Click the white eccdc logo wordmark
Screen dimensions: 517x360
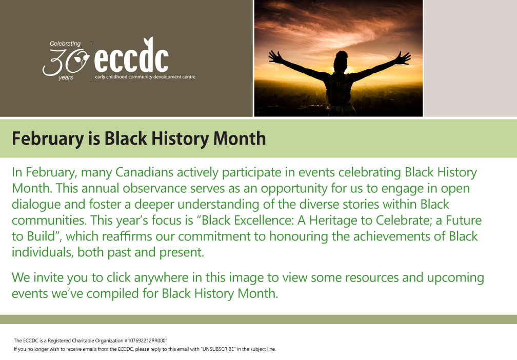(131, 56)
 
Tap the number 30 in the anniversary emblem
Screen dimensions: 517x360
(66, 63)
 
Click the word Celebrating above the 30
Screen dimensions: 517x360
(65, 44)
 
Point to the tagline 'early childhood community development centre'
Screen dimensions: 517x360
(145, 77)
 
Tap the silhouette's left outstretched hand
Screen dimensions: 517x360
(275, 57)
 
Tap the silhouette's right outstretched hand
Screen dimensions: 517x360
(403, 58)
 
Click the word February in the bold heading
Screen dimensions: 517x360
(48, 139)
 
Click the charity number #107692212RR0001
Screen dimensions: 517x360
(146, 341)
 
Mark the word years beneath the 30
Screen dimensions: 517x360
(66, 78)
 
